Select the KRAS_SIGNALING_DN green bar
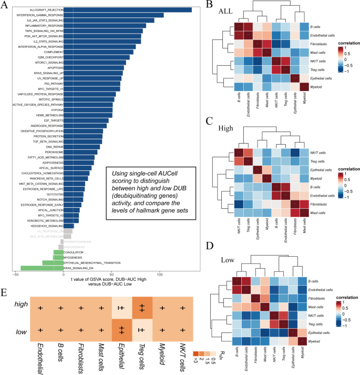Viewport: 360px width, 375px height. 42,268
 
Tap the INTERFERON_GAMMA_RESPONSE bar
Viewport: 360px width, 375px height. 113,15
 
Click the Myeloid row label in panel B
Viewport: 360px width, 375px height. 312,86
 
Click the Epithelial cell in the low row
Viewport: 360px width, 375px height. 121,330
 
